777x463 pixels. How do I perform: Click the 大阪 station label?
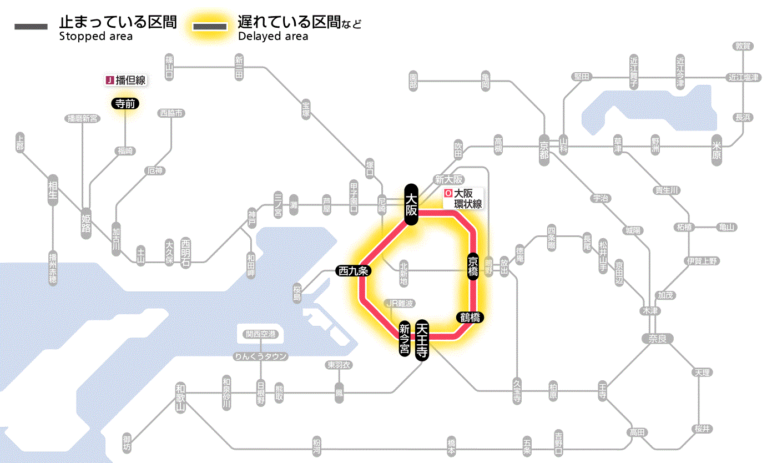point(411,204)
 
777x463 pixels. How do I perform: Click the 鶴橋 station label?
point(470,318)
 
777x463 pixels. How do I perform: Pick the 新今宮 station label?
point(405,339)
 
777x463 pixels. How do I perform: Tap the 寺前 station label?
point(125,103)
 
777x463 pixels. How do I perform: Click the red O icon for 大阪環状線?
point(448,194)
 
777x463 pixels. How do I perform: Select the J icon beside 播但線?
point(109,80)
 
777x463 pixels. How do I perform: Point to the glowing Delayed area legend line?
point(210,27)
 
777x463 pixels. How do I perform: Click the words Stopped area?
point(95,37)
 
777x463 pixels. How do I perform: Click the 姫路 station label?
point(86,224)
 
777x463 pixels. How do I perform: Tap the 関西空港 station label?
point(264,334)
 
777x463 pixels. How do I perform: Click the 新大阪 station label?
point(448,179)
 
